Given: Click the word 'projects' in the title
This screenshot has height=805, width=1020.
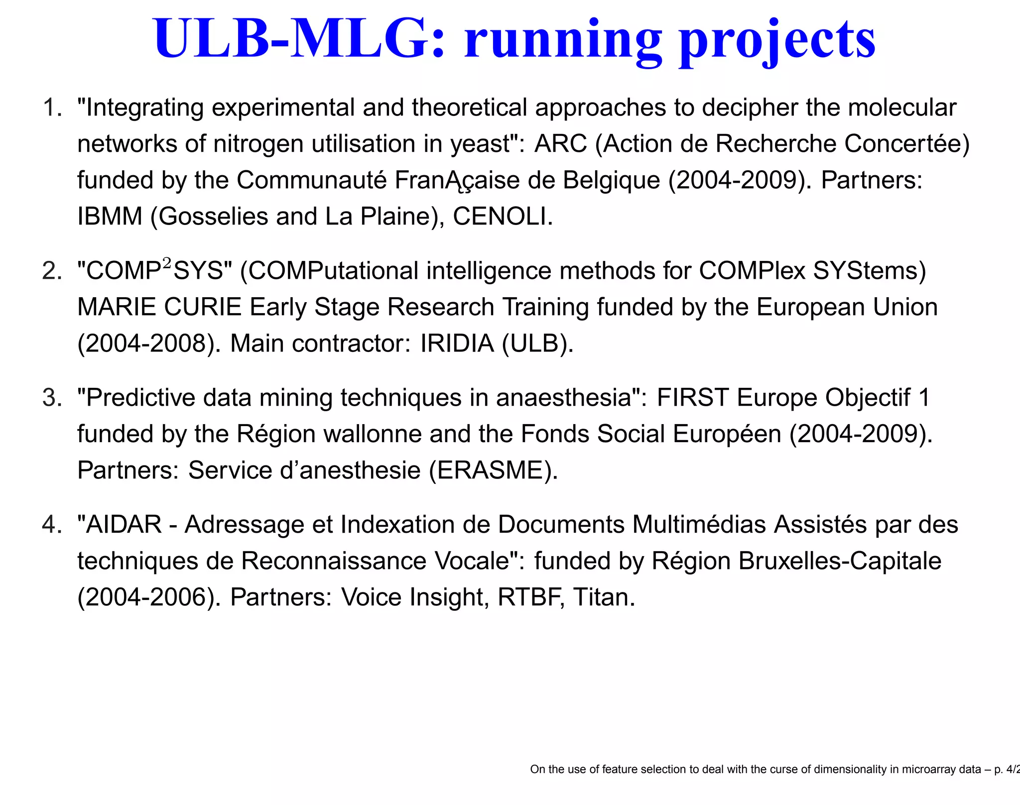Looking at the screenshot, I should coord(777,41).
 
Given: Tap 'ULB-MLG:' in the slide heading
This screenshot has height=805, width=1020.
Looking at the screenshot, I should coord(299,39).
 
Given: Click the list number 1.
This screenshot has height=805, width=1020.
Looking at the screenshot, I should coord(52,108).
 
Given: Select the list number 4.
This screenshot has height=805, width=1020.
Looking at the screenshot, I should coord(52,525).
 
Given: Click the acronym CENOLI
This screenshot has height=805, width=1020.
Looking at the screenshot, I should coord(502,217).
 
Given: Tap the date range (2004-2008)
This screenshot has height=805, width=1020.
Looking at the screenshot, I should coord(149,344).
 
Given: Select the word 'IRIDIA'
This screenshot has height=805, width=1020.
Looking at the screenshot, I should coord(457,344).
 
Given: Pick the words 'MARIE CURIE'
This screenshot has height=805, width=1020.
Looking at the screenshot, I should coord(159,307).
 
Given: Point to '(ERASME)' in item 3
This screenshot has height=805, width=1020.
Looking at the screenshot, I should coord(493,470).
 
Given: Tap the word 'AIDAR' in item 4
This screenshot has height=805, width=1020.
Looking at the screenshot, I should coord(124,525).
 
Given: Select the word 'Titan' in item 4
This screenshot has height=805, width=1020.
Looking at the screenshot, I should coord(603,597).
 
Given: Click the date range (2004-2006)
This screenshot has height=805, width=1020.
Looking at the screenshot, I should coord(149,597).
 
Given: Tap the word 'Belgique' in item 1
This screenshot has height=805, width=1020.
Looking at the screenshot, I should coord(611,180).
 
